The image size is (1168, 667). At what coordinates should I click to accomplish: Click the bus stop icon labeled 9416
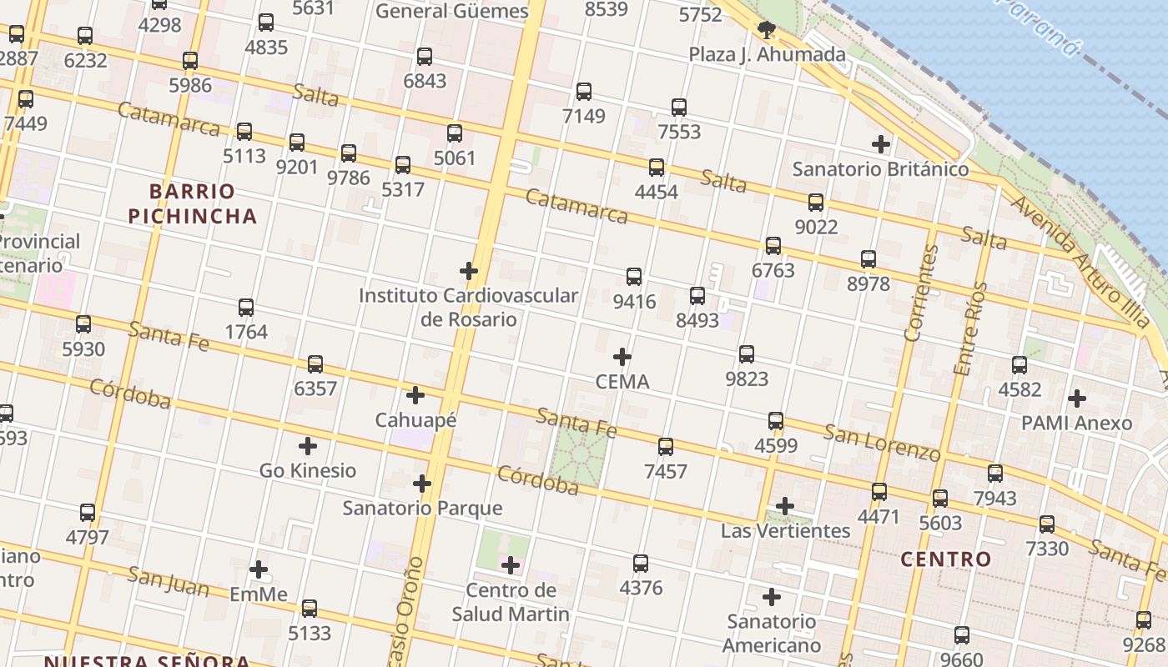[x=634, y=277]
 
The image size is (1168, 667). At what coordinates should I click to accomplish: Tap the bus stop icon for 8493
[x=697, y=296]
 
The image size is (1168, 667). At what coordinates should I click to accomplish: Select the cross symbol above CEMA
[x=622, y=357]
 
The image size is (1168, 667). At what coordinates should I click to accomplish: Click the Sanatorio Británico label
[x=880, y=169]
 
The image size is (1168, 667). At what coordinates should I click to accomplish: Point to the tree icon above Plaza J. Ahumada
[x=767, y=31]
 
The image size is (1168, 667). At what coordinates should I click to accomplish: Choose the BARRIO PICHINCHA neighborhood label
[x=192, y=203]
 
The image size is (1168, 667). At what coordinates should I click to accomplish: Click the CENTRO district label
[x=946, y=559]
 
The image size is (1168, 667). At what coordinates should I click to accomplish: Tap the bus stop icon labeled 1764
[x=246, y=308]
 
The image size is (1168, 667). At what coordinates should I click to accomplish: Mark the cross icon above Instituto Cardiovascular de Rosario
[x=469, y=270]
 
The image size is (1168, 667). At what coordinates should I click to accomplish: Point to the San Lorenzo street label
[x=882, y=443]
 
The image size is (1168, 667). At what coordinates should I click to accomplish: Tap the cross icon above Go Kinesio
[x=308, y=446]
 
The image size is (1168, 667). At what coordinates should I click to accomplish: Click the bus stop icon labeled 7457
[x=666, y=447]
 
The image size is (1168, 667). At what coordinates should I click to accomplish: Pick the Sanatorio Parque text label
[x=423, y=508]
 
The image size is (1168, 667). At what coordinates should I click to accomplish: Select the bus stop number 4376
[x=641, y=588]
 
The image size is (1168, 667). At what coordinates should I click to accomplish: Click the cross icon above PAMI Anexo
[x=1077, y=399]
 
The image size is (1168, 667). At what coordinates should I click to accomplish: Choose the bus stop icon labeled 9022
[x=816, y=203]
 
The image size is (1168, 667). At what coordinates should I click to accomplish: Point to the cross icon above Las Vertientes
[x=785, y=506]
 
